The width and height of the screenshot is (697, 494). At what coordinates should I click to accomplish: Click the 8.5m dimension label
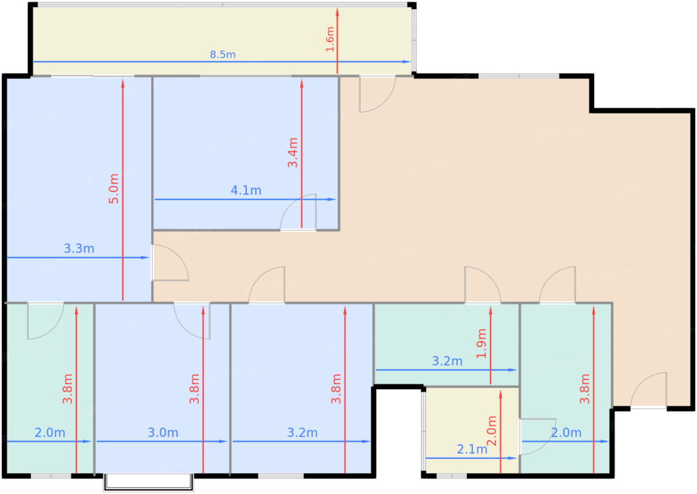pos(223,54)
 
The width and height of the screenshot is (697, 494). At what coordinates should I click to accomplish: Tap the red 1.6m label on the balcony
pos(330,39)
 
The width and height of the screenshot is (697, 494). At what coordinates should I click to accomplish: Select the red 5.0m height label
pos(114,189)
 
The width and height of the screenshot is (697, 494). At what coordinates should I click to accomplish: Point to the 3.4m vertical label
pos(293,153)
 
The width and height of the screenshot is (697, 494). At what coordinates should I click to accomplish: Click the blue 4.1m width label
pos(246,190)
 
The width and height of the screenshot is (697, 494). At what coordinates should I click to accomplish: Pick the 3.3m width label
pos(79,248)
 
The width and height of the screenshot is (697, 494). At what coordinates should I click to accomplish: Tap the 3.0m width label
pos(163,433)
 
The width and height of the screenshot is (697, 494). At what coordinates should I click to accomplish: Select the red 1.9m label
pos(481,344)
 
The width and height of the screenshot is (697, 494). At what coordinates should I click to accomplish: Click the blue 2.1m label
pos(472,449)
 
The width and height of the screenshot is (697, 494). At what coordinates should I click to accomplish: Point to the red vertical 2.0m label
pos(492,431)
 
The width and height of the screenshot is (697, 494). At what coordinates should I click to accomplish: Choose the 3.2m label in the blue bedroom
pos(302,433)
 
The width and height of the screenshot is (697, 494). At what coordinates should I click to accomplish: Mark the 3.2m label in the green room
pos(447,361)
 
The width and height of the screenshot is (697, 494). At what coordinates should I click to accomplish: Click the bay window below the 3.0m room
pos(148,482)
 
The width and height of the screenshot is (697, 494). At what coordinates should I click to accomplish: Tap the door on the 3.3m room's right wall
pos(169,264)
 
